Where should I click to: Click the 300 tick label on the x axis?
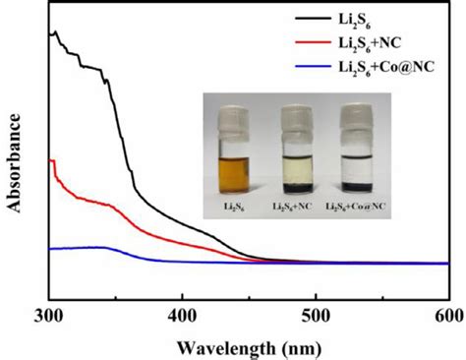48,317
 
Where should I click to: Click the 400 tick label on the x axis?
182,317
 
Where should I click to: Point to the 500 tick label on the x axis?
316,317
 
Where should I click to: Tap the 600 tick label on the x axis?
449,317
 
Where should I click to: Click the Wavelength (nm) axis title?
249,348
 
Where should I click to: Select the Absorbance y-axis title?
14,163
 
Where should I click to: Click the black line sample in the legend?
313,19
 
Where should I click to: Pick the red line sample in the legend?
313,42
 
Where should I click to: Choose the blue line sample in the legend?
313,67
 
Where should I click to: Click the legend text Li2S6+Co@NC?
386,68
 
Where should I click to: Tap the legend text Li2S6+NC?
370,43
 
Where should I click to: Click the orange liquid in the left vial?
234,174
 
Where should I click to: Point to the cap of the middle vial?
297,120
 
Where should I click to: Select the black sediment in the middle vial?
298,187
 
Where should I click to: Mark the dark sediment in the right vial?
357,186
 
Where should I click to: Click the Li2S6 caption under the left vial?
234,207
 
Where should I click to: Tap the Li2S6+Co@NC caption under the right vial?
356,207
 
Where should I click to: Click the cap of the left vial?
234,121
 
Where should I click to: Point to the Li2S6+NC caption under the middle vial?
292,207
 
